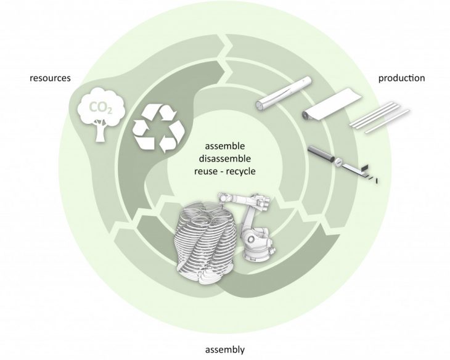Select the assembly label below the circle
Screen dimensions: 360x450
[x=224, y=350]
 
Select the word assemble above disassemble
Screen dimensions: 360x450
[x=224, y=146]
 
